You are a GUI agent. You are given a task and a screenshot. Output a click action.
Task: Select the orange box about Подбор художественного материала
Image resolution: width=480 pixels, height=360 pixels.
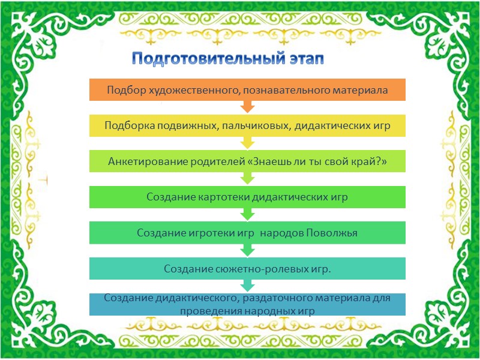pos(247,90)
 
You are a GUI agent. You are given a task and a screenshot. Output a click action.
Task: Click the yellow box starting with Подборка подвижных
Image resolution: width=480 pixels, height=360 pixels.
pos(247,125)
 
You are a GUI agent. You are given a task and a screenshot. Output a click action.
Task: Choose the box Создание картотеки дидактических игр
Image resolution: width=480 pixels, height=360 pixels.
pos(247,197)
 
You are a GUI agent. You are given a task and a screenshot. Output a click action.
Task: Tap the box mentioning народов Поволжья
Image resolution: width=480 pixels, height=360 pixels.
pos(247,233)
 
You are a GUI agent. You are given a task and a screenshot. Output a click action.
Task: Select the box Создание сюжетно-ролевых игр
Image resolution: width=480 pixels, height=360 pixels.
pos(247,269)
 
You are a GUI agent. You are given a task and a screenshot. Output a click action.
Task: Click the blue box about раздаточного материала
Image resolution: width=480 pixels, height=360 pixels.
pos(247,304)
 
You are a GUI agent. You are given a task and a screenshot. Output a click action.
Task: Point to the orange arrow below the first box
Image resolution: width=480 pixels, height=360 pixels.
pos(247,107)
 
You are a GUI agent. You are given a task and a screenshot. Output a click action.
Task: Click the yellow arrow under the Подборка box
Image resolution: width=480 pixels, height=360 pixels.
pos(247,143)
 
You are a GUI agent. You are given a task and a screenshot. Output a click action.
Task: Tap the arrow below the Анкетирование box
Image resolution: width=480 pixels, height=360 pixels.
pos(247,179)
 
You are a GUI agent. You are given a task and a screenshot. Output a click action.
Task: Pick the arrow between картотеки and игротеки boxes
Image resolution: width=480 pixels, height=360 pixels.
pos(247,215)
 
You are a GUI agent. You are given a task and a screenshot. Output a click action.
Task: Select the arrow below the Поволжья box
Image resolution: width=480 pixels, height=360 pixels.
pos(247,251)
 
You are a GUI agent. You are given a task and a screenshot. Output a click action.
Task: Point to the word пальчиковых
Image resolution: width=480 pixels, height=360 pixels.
pos(256,125)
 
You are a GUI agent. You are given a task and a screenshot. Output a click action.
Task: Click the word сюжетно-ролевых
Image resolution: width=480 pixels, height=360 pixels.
pos(251,269)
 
